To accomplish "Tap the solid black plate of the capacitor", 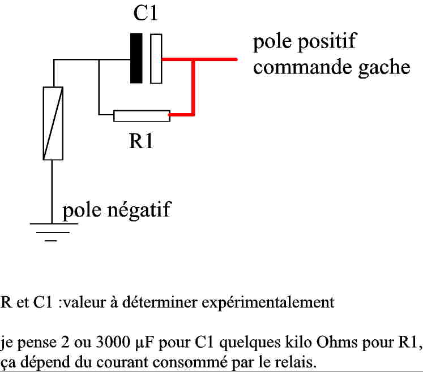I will (136, 58).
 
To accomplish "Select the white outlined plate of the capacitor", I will (156, 58).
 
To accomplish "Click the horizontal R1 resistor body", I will (142, 116).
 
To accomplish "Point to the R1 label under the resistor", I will (141, 141).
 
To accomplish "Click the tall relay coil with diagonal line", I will (53, 123).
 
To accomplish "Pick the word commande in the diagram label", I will (299, 68).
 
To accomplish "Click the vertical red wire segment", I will (194, 88).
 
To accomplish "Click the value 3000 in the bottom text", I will (113, 343).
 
